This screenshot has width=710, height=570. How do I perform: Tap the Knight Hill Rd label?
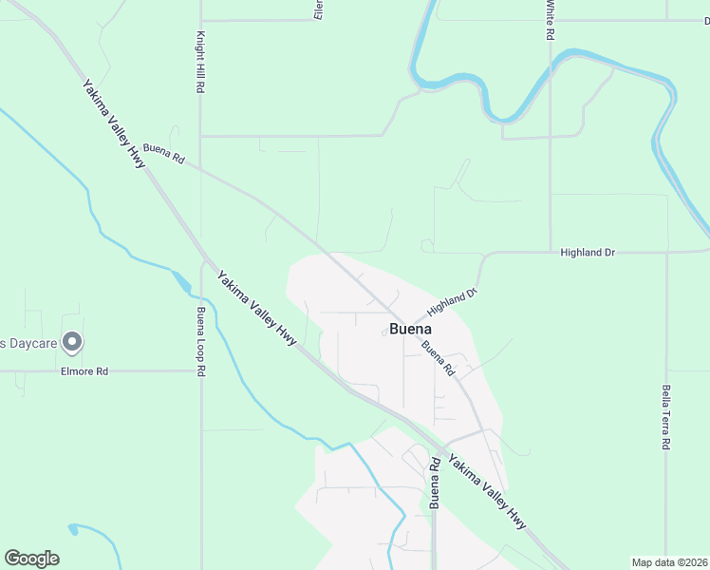(x=200, y=61)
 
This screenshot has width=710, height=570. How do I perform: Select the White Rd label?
(x=550, y=20)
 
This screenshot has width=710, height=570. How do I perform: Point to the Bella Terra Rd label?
(x=666, y=417)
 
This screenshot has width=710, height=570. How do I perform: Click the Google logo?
(x=31, y=559)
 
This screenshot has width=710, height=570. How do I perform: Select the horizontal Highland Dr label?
(x=588, y=253)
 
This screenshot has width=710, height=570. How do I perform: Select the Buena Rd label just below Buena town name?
(x=435, y=357)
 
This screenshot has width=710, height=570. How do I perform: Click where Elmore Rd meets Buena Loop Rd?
(x=200, y=371)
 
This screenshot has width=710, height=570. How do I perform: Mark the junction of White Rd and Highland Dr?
(x=551, y=253)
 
